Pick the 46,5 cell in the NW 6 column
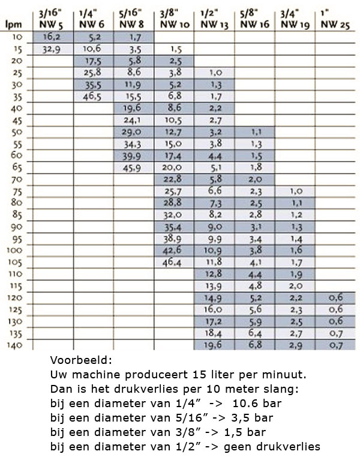(94, 95)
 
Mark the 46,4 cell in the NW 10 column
(173, 262)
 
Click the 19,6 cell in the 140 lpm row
(214, 346)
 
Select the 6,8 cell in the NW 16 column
(254, 346)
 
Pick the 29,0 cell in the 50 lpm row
(134, 131)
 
